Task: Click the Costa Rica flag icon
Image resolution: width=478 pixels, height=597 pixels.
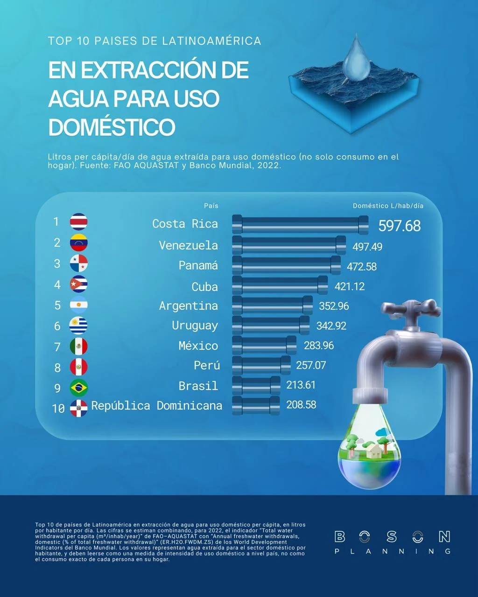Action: [x=78, y=222]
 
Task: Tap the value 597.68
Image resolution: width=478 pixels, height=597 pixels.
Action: [x=399, y=226]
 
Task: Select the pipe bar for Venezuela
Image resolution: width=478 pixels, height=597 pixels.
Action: [x=289, y=245]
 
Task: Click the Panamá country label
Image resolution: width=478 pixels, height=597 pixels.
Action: [x=198, y=265]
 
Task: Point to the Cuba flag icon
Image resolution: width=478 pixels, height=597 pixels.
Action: [x=78, y=284]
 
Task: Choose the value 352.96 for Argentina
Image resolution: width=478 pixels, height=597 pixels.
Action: [x=334, y=306]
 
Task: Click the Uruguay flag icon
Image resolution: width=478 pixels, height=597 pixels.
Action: [x=78, y=326]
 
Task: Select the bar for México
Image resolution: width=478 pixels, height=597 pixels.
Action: [x=264, y=345]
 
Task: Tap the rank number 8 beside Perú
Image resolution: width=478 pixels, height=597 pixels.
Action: [x=57, y=368]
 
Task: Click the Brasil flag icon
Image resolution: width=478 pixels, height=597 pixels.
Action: [x=78, y=388]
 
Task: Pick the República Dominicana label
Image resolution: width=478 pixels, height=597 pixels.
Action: [x=156, y=406]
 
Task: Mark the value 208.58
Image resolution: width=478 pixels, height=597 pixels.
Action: [x=301, y=405]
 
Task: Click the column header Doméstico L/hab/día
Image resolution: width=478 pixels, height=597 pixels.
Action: [x=388, y=206]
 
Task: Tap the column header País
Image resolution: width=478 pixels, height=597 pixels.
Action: [x=211, y=206]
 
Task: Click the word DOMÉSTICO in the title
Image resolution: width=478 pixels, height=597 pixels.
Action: [x=112, y=127]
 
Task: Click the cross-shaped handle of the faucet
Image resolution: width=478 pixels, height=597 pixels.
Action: [x=411, y=308]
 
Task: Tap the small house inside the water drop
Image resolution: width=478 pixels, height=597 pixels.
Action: [x=373, y=451]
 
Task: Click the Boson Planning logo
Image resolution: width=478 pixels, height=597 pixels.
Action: [x=393, y=542]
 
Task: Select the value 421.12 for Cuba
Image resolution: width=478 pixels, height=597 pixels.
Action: [x=350, y=286]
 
